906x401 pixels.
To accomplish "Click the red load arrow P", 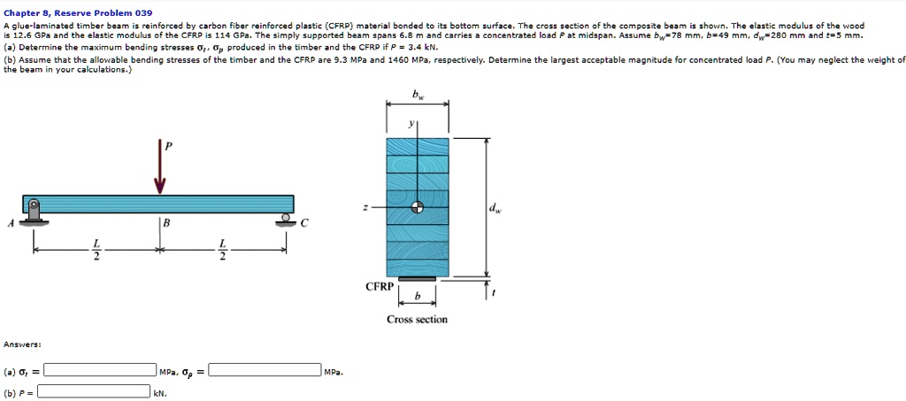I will click(160, 173).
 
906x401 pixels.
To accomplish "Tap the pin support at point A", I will click(33, 212).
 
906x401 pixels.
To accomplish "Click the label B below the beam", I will click(165, 224).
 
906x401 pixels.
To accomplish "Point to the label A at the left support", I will click(11, 223).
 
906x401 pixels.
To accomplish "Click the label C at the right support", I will click(303, 223).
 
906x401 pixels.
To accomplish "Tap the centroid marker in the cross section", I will click(417, 207).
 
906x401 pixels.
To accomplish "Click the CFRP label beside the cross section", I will click(378, 287).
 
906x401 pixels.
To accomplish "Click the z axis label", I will click(365, 207).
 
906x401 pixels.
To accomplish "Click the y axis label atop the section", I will click(411, 125).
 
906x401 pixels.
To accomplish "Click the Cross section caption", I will click(417, 319).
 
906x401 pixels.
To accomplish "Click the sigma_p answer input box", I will click(265, 370).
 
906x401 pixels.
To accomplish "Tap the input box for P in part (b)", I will click(93, 391).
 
